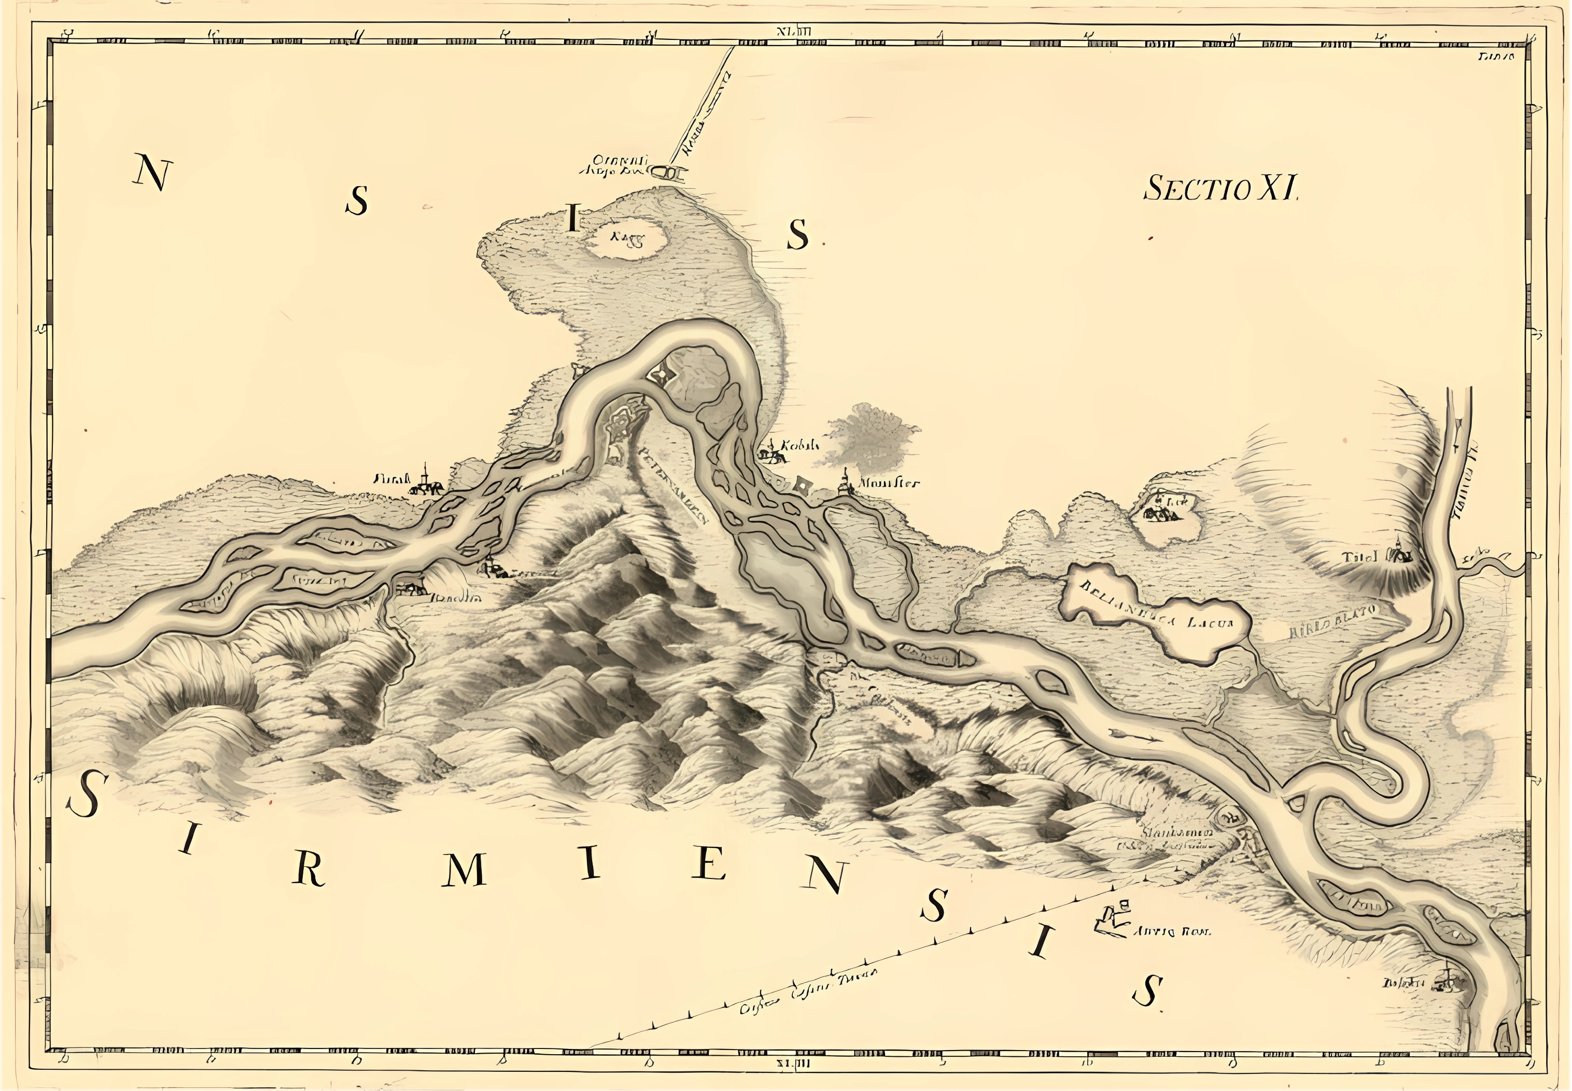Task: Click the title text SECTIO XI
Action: point(1220,188)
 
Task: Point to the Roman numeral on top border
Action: point(793,31)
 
